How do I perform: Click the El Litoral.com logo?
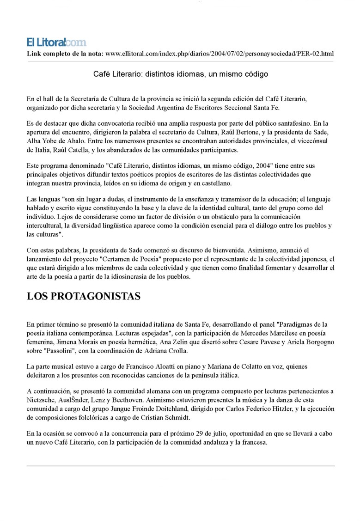click(x=56, y=43)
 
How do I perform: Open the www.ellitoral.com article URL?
click(x=220, y=54)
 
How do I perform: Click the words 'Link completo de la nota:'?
click(x=65, y=54)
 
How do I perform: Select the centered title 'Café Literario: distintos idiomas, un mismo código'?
click(x=180, y=74)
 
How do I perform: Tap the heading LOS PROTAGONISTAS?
click(x=83, y=296)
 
